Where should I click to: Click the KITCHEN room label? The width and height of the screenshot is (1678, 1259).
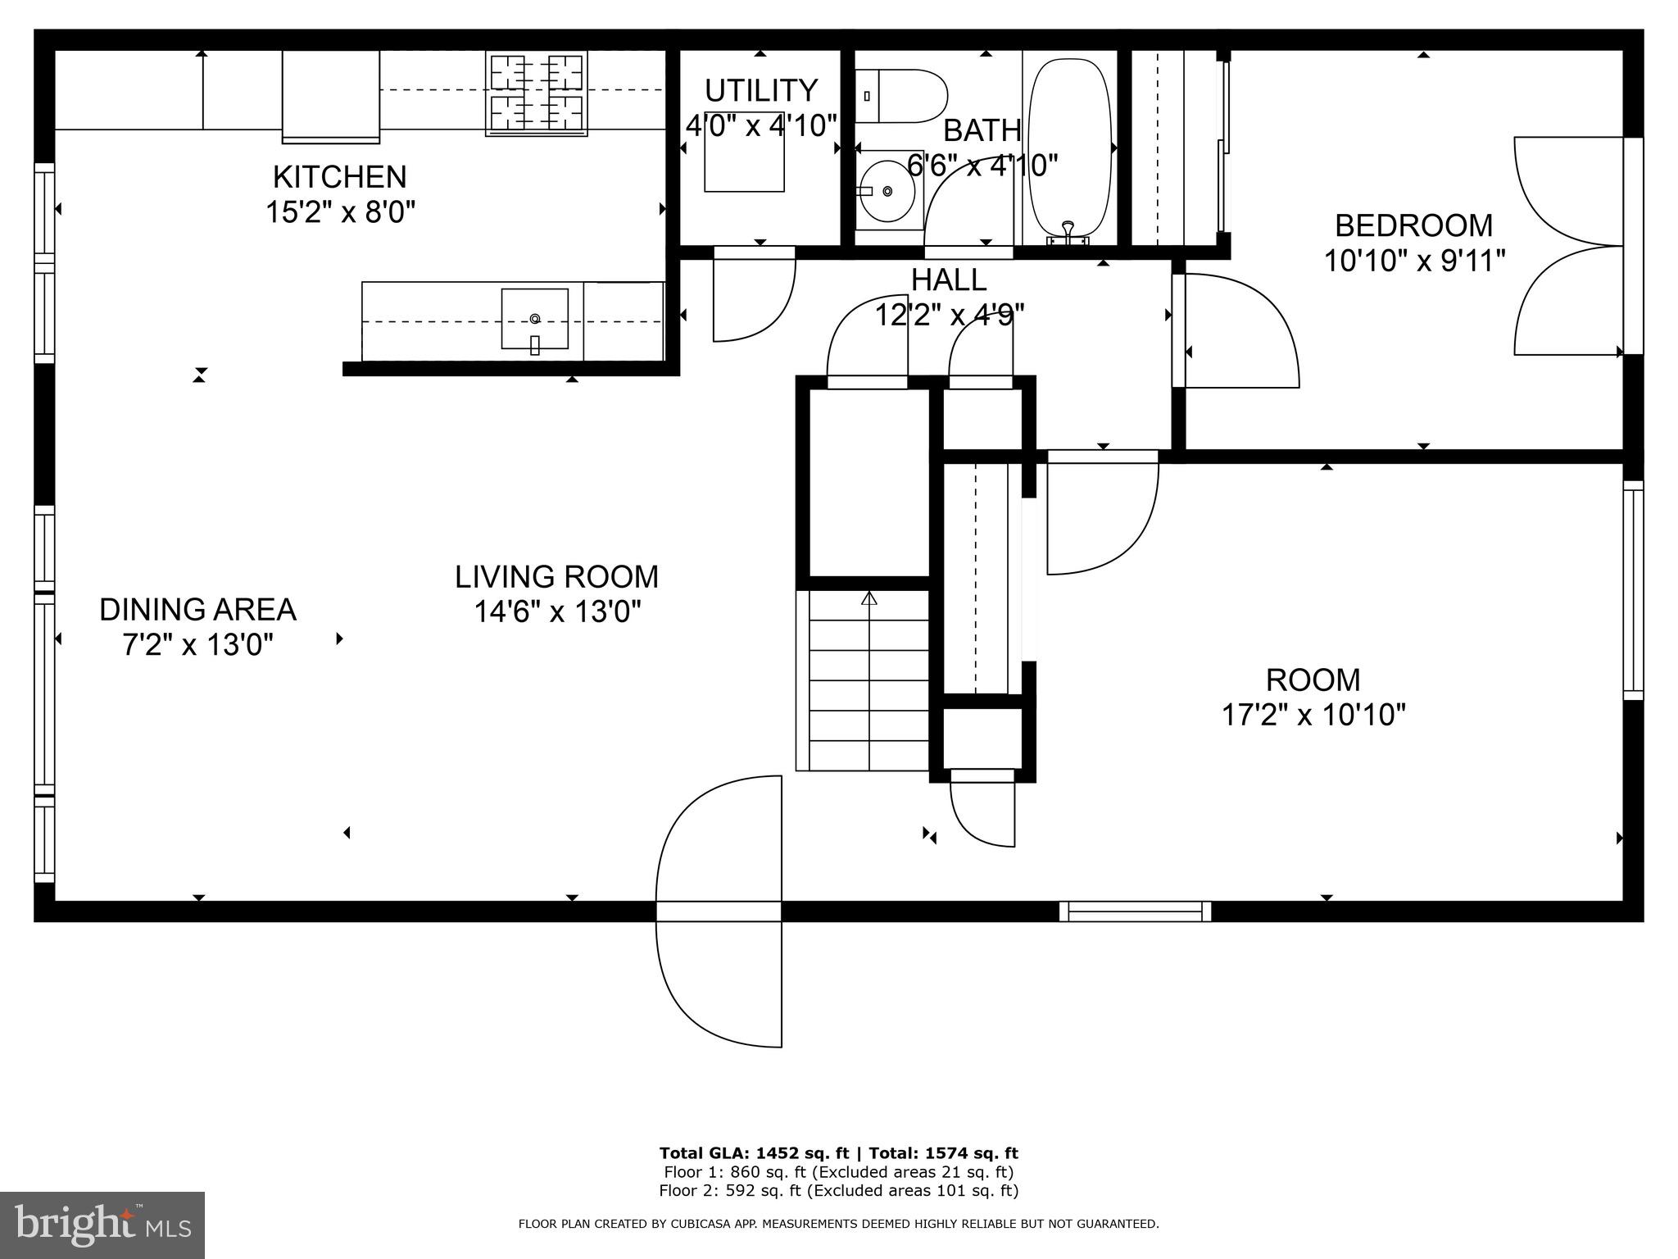339,177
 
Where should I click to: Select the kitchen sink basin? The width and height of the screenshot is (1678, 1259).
534,319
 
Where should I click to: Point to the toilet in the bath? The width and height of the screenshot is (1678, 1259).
901,96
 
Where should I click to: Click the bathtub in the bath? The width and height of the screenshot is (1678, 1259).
1069,148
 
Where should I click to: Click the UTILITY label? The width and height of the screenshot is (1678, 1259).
760,89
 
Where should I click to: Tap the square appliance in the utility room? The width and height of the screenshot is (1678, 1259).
744,152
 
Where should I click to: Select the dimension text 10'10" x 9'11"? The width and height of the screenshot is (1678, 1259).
1414,261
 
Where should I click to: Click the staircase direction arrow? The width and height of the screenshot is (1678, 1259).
869,598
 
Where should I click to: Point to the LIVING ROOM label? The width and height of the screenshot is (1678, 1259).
556,577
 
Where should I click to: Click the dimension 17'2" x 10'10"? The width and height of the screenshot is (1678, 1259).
1313,715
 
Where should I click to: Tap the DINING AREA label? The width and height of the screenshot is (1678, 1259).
197,610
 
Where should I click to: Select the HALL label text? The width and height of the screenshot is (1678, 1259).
949,280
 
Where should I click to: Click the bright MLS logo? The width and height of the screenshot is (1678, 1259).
102,1225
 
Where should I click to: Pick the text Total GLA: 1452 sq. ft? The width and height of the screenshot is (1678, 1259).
754,1153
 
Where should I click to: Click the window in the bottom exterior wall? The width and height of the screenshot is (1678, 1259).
1135,911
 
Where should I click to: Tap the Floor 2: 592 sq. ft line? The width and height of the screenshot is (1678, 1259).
838,1190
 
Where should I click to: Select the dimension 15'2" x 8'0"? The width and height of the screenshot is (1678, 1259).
339,212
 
